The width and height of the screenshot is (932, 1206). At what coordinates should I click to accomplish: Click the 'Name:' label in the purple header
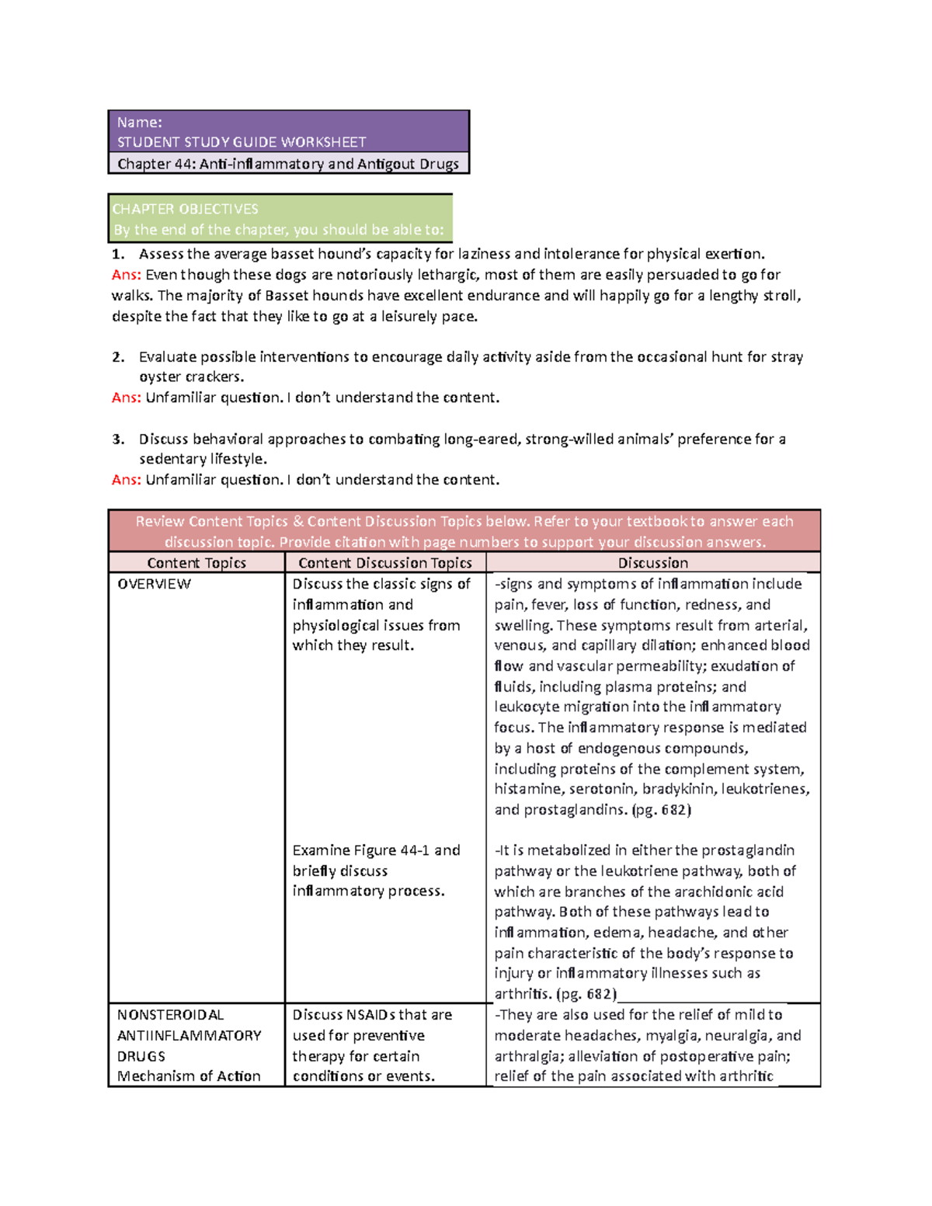pyautogui.click(x=139, y=122)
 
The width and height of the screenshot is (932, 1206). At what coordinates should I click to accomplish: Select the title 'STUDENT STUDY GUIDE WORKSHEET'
pyautogui.click(x=241, y=142)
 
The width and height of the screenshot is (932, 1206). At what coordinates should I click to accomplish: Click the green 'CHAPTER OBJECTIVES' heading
pyautogui.click(x=185, y=209)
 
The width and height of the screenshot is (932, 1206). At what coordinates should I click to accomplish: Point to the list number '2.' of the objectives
pyautogui.click(x=118, y=357)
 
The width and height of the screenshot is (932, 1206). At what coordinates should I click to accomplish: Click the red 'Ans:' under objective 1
pyautogui.click(x=126, y=275)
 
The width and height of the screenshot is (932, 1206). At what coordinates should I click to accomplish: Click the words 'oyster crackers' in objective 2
pyautogui.click(x=191, y=377)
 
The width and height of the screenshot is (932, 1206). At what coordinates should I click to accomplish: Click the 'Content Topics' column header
pyautogui.click(x=196, y=563)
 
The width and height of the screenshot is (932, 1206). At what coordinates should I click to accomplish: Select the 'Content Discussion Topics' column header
pyautogui.click(x=384, y=563)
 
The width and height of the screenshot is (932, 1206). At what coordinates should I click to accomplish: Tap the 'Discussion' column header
pyautogui.click(x=652, y=563)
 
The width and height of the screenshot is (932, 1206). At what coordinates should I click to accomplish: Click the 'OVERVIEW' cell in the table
pyautogui.click(x=154, y=584)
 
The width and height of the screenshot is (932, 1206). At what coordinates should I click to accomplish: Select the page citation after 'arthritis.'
pyautogui.click(x=586, y=994)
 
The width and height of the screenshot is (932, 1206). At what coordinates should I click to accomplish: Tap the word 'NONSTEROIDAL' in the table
pyautogui.click(x=170, y=1015)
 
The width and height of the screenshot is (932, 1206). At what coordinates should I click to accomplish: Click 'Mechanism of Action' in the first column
pyautogui.click(x=189, y=1076)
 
